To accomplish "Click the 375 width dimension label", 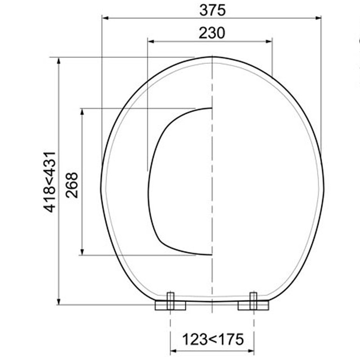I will pos(212,9).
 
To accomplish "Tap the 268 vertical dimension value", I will pos(72,184).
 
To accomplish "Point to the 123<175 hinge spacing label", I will pos(212,339).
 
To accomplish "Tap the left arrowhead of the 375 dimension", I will pos(105,18).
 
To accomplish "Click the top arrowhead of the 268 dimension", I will pos(82,111).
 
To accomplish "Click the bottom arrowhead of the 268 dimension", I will pos(82,252).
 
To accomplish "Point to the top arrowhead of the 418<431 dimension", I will pos(59,60).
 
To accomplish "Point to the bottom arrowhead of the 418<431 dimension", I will pos(59,301).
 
